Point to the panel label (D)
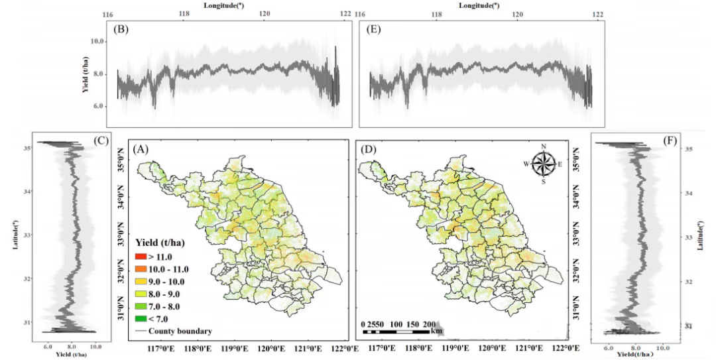367,150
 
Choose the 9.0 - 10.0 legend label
169,282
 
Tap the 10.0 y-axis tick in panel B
98,42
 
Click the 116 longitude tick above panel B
109,14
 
